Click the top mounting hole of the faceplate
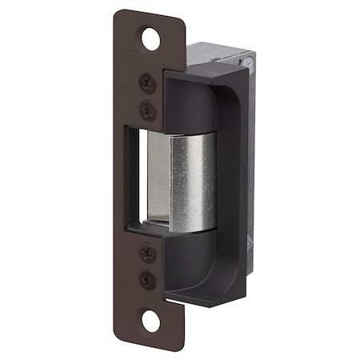(151, 37)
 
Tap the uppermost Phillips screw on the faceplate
(147, 81)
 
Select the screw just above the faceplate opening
(147, 106)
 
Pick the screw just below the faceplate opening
(148, 253)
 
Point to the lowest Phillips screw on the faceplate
(148, 279)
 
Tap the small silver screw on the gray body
(250, 61)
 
